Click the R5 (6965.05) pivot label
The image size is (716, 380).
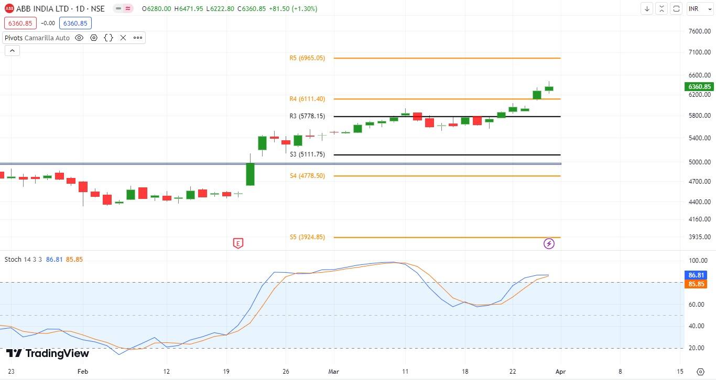[x=307, y=58]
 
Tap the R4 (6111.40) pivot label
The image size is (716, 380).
[x=307, y=99]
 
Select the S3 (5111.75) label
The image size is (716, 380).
[x=307, y=154]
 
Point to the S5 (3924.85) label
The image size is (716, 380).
[x=307, y=237]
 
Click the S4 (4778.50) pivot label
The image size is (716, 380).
[x=307, y=176]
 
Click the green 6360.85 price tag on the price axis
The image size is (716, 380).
[x=699, y=87]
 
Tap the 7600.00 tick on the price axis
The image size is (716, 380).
[x=699, y=31]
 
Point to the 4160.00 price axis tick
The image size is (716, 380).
[x=699, y=219]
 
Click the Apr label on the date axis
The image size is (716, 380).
[x=561, y=371]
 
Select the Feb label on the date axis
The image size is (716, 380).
[x=82, y=371]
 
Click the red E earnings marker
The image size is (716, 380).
[x=238, y=243]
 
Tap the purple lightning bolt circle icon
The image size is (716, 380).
[x=549, y=243]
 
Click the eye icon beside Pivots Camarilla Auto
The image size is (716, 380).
[x=79, y=38]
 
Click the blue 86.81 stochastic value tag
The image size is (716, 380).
[x=696, y=275]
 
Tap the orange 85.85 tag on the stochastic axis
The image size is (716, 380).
[x=696, y=284]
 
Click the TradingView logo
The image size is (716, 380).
[x=48, y=354]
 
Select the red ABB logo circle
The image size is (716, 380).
[x=9, y=9]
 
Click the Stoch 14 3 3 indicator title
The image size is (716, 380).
[x=24, y=260]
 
